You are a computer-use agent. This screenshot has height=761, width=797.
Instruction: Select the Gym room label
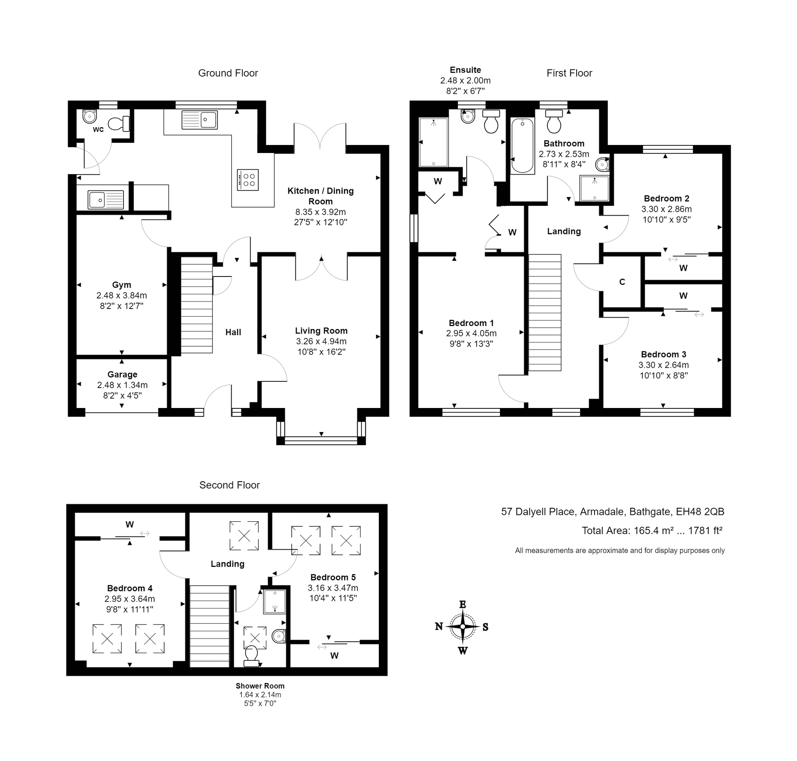[x=121, y=285]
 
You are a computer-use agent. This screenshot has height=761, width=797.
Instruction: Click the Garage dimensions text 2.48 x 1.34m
[x=122, y=385]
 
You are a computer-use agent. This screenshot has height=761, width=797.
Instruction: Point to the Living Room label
[x=321, y=331]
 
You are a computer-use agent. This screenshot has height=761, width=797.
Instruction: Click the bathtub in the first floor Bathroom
[x=523, y=146]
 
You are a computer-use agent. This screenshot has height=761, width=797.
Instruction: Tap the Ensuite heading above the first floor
[x=465, y=70]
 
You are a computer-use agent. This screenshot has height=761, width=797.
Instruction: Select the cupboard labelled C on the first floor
[x=622, y=282]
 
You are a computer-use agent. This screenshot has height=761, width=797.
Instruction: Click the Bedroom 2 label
[x=666, y=198]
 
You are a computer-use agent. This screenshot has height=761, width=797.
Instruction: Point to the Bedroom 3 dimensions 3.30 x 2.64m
[x=663, y=365]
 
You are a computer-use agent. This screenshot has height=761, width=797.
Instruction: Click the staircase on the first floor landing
[x=545, y=313]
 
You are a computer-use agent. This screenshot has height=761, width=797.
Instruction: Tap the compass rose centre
[x=463, y=627]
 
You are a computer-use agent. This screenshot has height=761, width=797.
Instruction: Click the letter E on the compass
[x=463, y=605]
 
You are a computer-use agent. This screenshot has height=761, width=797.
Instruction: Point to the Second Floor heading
[x=229, y=485]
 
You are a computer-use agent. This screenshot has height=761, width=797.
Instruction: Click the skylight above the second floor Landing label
[x=244, y=536]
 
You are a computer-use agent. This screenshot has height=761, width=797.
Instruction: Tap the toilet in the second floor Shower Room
[x=252, y=655]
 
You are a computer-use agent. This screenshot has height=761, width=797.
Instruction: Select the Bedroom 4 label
[x=129, y=588]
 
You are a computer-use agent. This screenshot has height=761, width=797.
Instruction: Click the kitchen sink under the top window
[x=200, y=120]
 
